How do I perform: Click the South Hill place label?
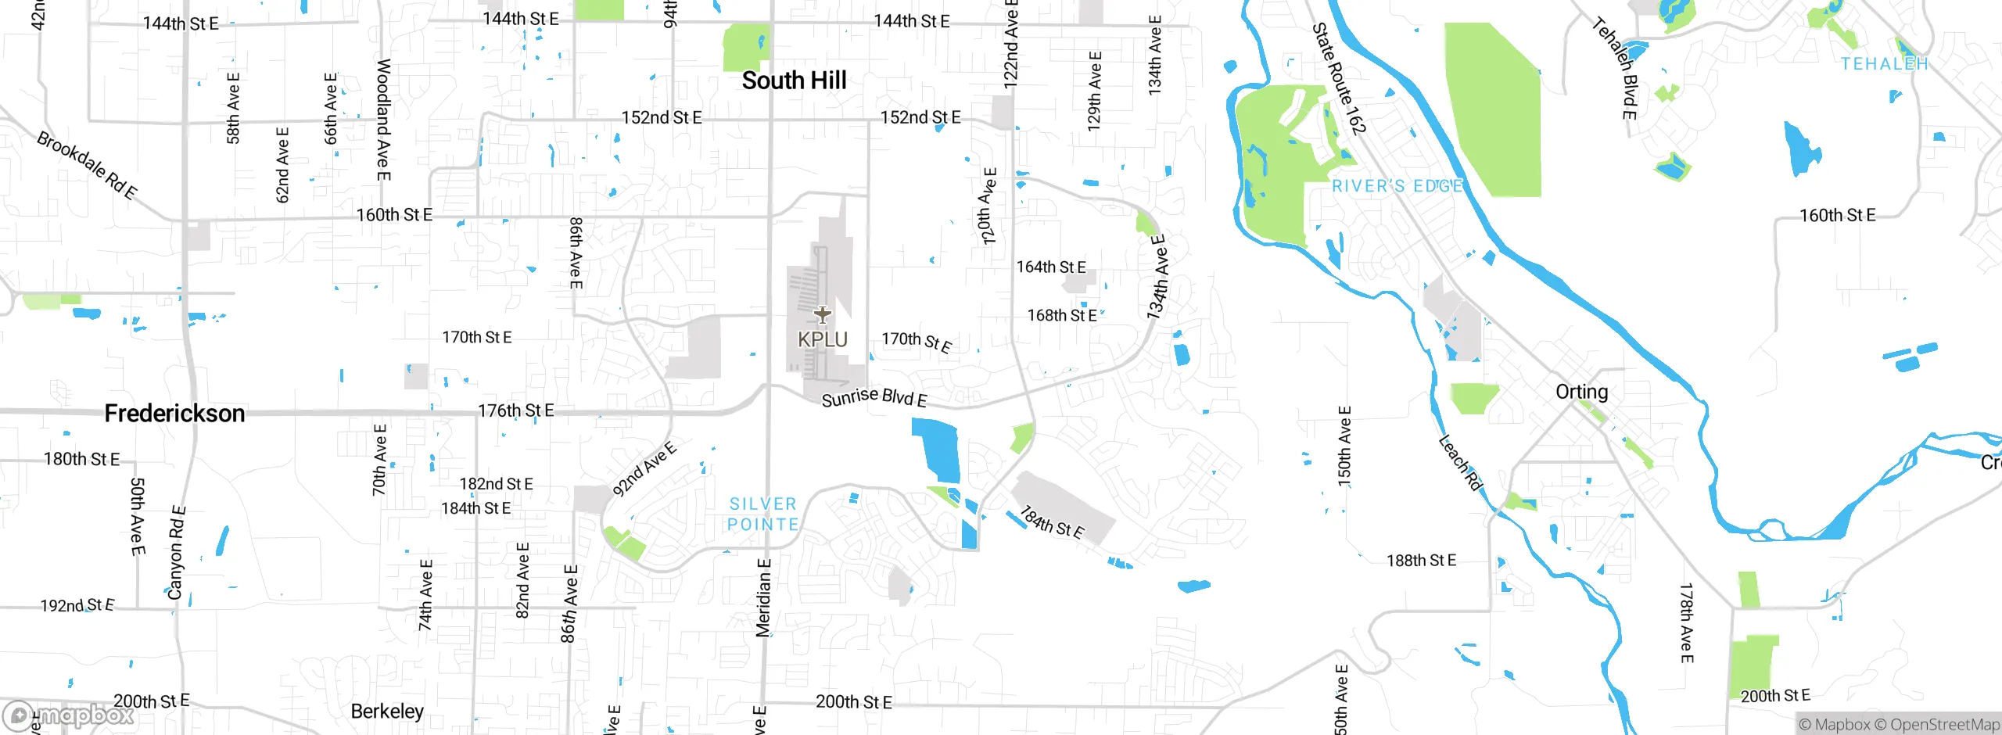(794, 81)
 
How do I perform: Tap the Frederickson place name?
(174, 414)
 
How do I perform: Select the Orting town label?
(1581, 392)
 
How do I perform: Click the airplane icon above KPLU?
(822, 314)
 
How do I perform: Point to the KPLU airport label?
(823, 339)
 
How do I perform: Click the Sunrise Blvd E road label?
(874, 397)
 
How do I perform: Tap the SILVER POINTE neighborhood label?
(763, 514)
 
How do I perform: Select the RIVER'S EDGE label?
(1397, 186)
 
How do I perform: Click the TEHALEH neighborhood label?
(1884, 64)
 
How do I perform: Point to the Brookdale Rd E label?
(87, 165)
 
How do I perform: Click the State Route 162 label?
(1339, 78)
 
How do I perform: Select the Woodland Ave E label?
(383, 119)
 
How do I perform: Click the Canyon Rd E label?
(177, 553)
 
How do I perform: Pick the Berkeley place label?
(387, 711)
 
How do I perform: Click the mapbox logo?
(68, 715)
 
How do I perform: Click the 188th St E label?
(1421, 561)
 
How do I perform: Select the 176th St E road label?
(516, 411)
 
